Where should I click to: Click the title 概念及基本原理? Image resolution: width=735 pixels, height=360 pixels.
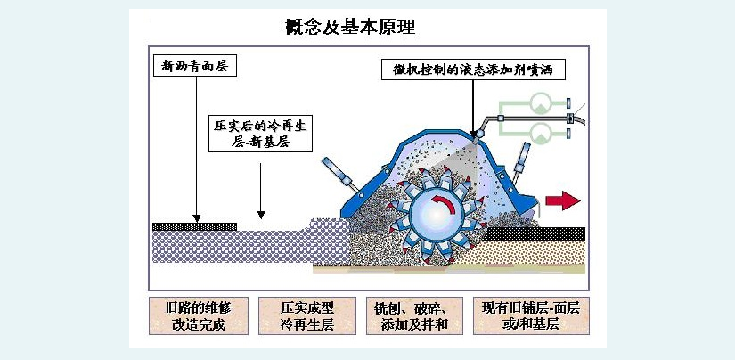tap(349, 27)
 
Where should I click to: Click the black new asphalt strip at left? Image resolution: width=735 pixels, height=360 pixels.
tap(193, 226)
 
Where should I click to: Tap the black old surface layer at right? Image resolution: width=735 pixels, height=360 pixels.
tap(535, 233)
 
